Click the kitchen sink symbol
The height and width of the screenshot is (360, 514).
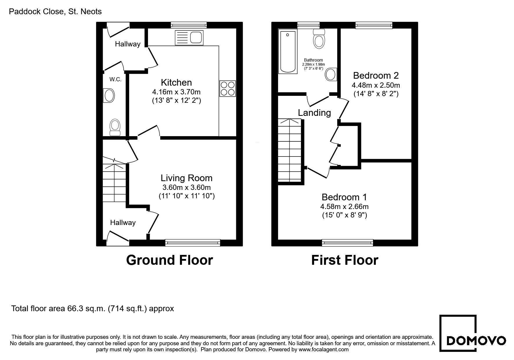[189, 38]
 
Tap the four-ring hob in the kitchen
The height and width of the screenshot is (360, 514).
[228, 89]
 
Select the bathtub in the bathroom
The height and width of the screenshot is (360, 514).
[288, 52]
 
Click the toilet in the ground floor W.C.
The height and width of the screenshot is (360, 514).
[115, 127]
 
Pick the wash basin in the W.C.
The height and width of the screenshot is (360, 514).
[109, 95]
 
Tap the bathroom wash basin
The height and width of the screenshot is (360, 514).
[331, 75]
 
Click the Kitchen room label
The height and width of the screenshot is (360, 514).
[176, 82]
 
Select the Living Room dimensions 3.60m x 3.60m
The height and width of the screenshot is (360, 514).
[187, 187]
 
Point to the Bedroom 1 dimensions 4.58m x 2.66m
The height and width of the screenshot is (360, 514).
[345, 207]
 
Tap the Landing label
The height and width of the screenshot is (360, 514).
[314, 113]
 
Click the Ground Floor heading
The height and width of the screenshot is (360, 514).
[169, 260]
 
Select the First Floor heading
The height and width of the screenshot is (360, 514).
[345, 260]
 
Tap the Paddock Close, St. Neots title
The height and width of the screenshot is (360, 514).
[55, 12]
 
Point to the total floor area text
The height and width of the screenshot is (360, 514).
[93, 308]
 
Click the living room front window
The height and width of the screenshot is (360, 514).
[192, 243]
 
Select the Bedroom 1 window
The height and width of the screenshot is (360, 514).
[347, 243]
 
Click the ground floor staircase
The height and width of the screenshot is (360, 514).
[114, 183]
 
